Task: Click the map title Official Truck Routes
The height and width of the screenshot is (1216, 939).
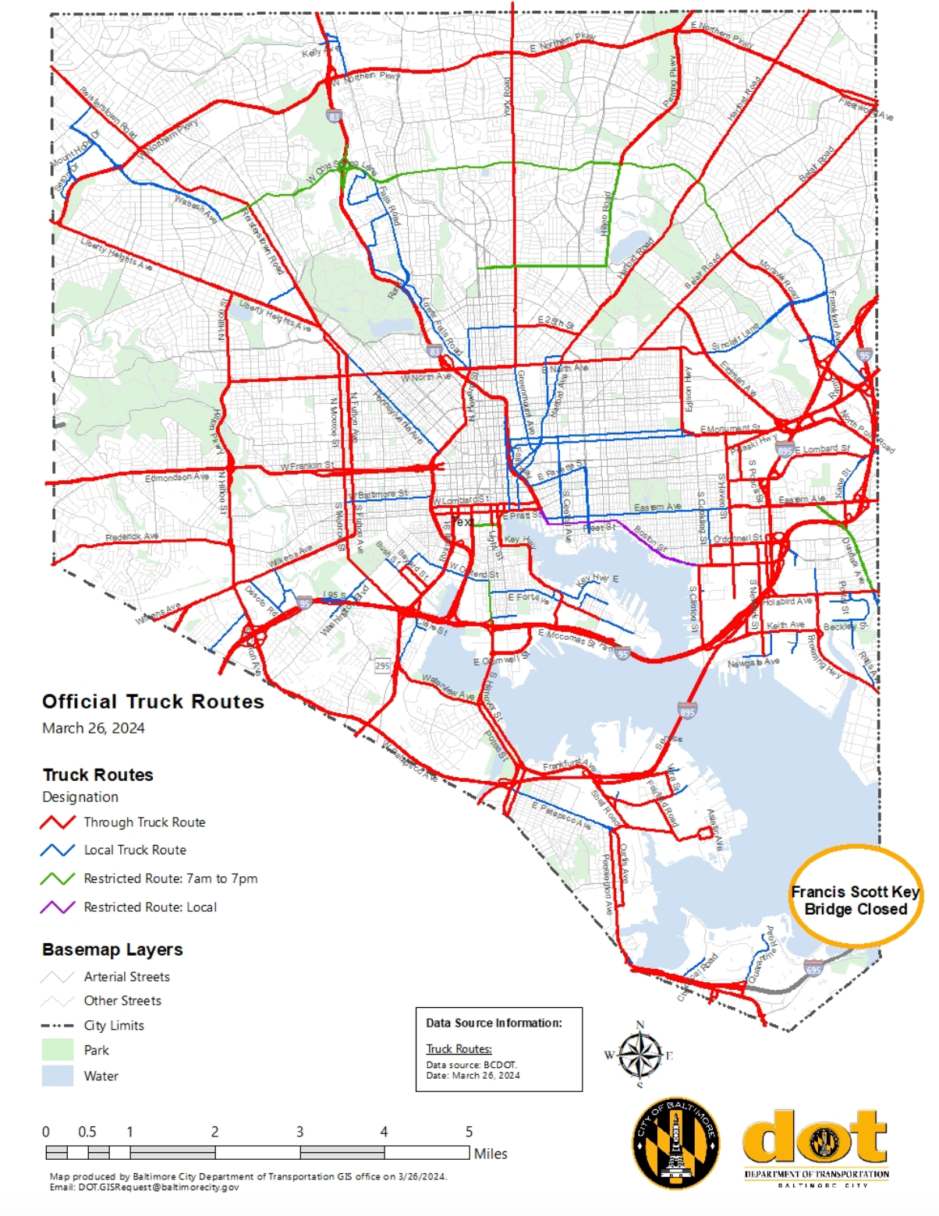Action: [153, 702]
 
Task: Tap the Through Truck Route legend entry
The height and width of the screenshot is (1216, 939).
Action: [144, 822]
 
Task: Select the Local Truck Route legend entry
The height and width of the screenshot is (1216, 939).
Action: [134, 850]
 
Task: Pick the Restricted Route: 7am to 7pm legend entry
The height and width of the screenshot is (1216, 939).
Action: [170, 878]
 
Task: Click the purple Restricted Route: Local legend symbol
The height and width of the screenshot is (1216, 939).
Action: [58, 907]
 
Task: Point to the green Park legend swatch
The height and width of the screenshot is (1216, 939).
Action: [57, 1050]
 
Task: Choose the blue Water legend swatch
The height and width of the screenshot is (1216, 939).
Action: [57, 1076]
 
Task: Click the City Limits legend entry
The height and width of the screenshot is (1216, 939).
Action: [113, 1026]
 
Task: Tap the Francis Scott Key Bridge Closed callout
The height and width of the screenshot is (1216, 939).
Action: [855, 900]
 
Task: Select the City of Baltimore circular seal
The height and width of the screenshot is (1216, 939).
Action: [675, 1143]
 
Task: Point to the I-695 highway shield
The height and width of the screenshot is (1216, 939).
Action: [813, 969]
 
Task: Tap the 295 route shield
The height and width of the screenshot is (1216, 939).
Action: [382, 666]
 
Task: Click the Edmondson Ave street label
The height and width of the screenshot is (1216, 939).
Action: [176, 477]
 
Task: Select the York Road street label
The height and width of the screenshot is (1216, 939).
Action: [507, 97]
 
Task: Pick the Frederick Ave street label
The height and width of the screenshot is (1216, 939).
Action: [132, 537]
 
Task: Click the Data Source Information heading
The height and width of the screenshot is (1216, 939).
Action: [494, 1023]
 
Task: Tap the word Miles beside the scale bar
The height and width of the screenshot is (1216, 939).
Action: [491, 1154]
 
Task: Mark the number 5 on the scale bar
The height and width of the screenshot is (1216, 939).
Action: [469, 1132]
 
